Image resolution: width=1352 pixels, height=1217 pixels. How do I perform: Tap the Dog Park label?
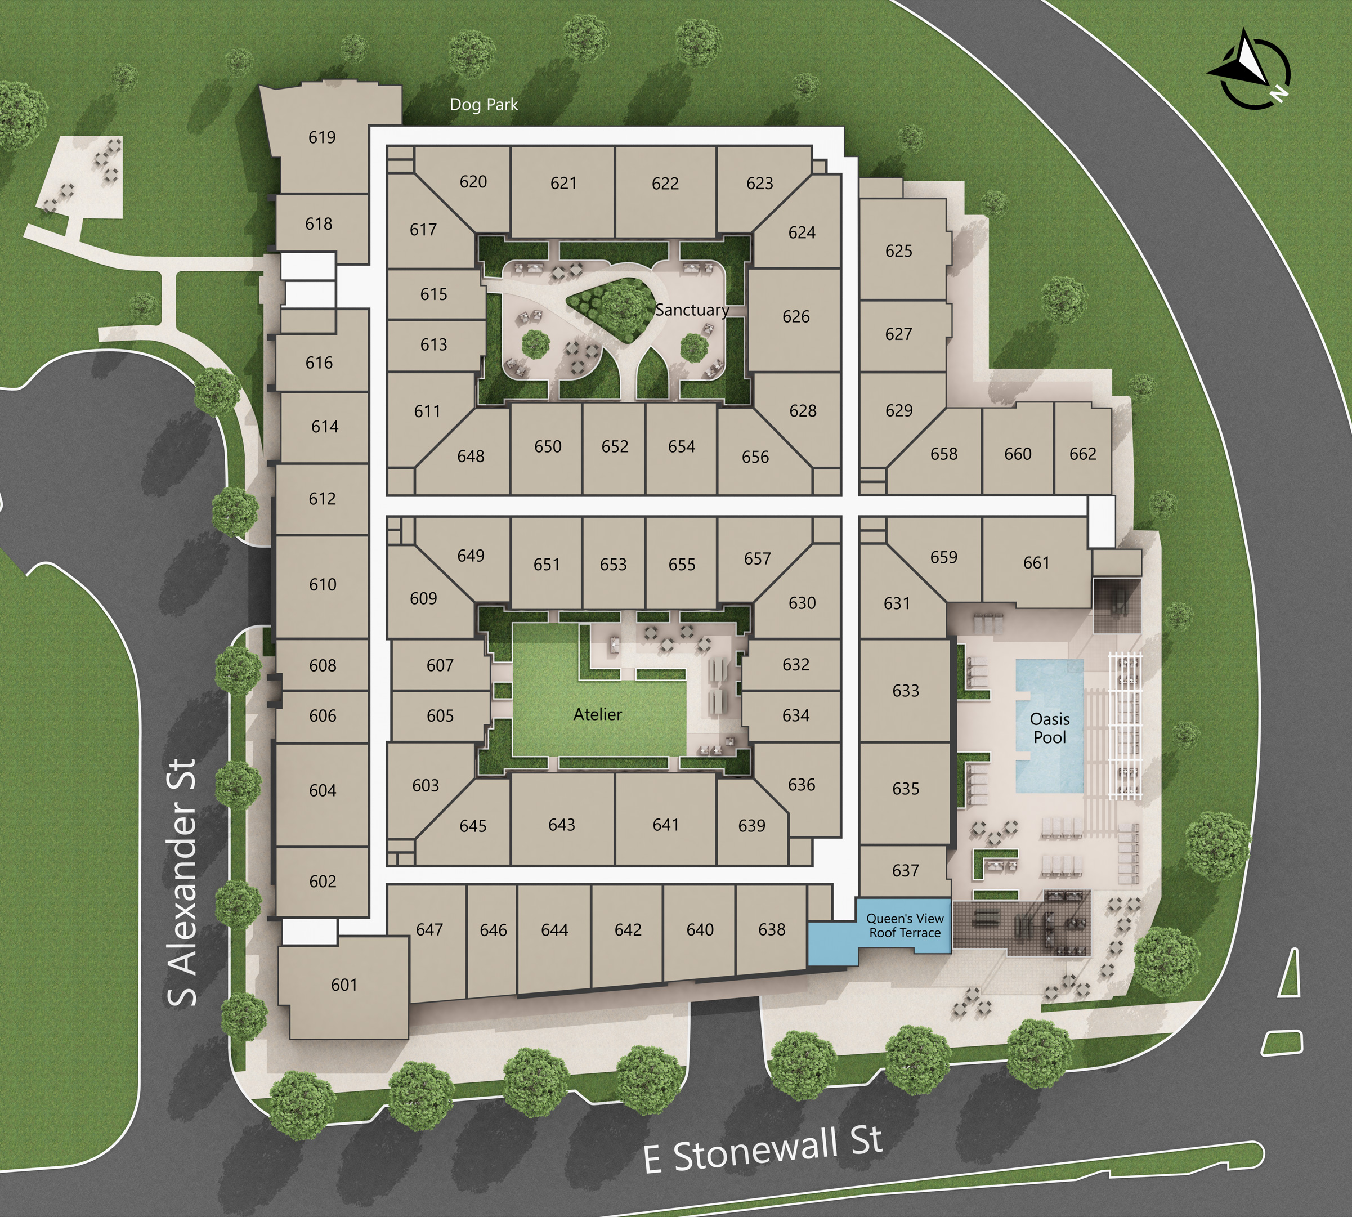pos(484,104)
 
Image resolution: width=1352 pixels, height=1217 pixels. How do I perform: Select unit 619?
pos(321,137)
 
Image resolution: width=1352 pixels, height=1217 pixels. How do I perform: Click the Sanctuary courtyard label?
pos(691,310)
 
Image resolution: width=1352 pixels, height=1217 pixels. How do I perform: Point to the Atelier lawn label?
pos(597,714)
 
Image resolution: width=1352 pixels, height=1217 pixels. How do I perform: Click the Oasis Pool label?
pos(1049,727)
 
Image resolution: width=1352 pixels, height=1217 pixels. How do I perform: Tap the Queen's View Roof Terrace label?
pos(905,925)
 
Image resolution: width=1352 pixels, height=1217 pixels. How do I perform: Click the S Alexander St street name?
pos(182,882)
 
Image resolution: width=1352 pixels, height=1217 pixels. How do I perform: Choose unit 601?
pos(344,985)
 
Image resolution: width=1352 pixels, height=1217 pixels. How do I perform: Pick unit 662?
pos(1082,454)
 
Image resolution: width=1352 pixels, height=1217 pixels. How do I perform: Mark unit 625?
pos(898,250)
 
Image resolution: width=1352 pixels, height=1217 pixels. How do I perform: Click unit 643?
pos(561,825)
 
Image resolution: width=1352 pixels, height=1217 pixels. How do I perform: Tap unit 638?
pos(771,929)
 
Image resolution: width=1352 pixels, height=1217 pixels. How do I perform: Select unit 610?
pos(323,584)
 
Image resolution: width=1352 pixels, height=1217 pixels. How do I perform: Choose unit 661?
pos(1036,562)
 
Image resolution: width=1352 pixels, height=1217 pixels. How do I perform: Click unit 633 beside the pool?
pos(905,690)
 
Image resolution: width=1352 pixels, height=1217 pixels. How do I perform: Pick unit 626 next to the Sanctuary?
pos(796,316)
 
